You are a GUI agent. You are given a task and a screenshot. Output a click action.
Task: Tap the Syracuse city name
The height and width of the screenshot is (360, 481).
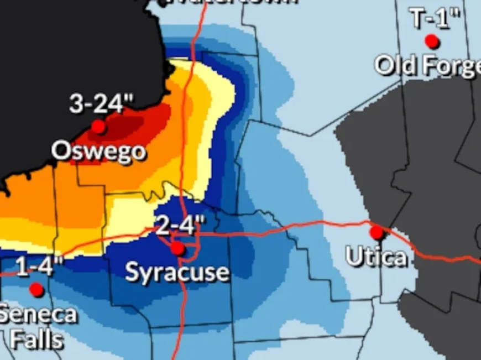(177, 272)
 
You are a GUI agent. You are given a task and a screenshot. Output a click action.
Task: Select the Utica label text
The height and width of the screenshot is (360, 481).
(376, 257)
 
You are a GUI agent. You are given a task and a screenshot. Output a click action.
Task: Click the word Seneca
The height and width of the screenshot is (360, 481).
(38, 314)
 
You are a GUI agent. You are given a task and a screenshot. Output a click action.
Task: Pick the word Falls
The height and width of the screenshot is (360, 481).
(36, 338)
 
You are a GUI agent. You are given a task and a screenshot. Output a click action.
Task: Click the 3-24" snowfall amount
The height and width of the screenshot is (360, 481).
(102, 104)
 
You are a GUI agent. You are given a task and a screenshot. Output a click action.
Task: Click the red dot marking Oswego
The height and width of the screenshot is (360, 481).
(98, 127)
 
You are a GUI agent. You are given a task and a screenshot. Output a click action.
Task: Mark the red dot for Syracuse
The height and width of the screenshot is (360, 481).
(177, 248)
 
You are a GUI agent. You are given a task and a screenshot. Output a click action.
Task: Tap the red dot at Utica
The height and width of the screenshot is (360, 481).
(377, 232)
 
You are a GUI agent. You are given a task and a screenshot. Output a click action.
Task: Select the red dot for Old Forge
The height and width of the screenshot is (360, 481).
(432, 41)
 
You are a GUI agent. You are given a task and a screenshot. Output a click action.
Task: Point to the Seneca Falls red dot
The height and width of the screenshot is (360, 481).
(36, 289)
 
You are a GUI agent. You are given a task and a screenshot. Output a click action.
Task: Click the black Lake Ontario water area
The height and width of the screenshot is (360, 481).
(66, 50)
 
